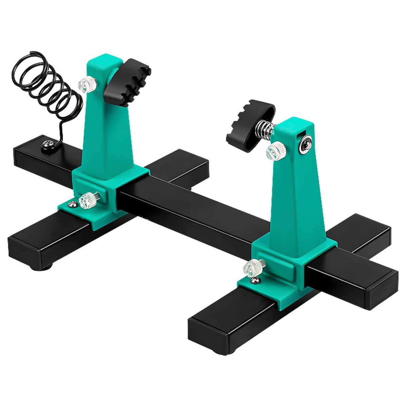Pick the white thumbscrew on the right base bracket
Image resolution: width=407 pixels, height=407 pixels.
tap(250, 266)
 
